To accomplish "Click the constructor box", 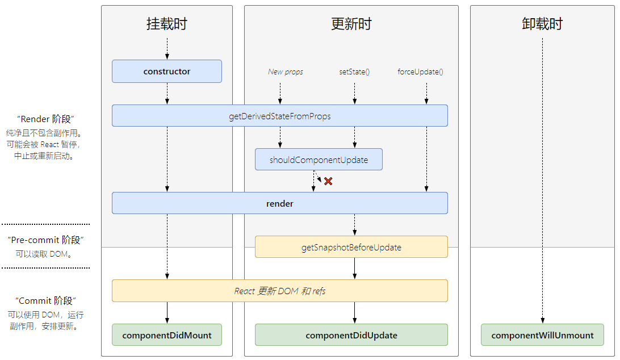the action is (167, 71).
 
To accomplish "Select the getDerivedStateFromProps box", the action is (279, 115).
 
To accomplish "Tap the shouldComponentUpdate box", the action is (319, 160).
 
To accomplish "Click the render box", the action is (279, 203).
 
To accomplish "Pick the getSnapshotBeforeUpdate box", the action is (351, 247).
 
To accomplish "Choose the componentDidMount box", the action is (167, 334).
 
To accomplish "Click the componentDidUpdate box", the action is (351, 334).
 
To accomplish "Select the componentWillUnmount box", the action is (543, 334).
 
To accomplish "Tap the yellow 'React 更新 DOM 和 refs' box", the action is (279, 291).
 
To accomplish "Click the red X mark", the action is (328, 181).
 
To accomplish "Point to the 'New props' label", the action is (286, 72).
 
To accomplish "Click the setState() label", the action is (354, 72).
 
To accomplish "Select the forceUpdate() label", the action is (420, 72).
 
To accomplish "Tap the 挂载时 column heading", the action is (167, 24).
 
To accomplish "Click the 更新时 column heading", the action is (351, 24).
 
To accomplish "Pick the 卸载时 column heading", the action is (542, 24).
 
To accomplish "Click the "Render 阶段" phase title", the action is (45, 119).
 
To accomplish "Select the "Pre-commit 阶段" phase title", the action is (45, 240).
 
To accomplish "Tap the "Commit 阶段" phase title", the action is (45, 300).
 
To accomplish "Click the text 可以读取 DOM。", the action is (44, 254).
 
